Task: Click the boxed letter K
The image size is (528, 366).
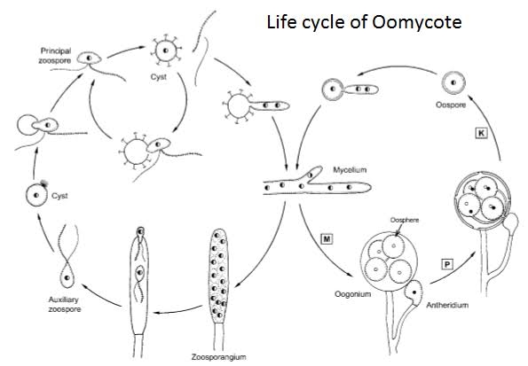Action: point(481,133)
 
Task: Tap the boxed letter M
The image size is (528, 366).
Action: point(326,239)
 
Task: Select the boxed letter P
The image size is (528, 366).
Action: point(447,264)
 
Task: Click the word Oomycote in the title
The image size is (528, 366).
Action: point(416,22)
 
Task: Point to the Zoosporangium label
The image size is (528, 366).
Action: point(218,356)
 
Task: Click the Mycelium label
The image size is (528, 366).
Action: point(350,170)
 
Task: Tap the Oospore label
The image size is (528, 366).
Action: point(451,105)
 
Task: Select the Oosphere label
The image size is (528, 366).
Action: point(405,220)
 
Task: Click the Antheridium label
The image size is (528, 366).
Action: point(447,305)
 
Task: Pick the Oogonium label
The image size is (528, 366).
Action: point(352,294)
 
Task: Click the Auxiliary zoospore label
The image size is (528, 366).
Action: point(64,305)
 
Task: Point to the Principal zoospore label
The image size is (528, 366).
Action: point(55,56)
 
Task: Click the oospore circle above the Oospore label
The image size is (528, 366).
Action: point(453,82)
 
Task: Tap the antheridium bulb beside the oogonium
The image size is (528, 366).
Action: point(414,293)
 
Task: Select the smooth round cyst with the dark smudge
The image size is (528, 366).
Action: point(36,195)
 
